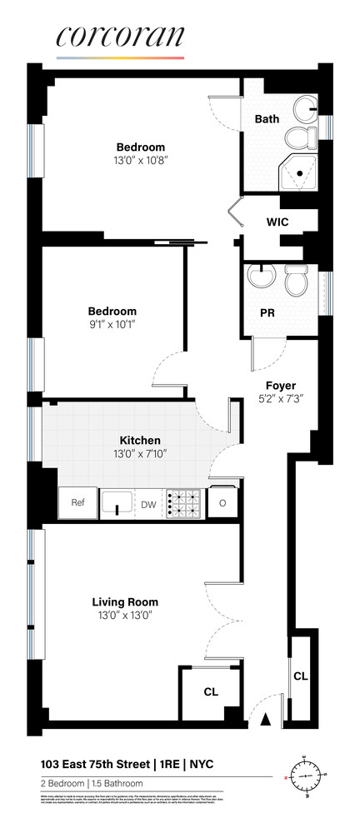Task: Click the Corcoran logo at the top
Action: click(119, 40)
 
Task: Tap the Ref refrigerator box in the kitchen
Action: click(77, 503)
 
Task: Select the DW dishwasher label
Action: click(147, 504)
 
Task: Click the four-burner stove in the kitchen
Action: click(183, 504)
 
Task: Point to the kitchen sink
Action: click(117, 503)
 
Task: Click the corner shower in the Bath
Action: click(299, 170)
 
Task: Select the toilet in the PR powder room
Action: click(296, 282)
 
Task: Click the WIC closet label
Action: click(277, 222)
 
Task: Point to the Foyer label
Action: click(281, 385)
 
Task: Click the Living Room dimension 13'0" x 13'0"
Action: click(125, 616)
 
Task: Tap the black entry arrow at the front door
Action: click(267, 719)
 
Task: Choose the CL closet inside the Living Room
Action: click(211, 692)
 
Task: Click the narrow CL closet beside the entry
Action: click(300, 676)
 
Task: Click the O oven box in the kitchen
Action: click(222, 503)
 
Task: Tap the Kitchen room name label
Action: click(139, 440)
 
